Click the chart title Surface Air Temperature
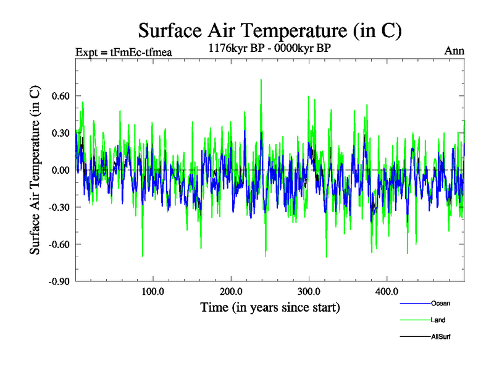(270, 30)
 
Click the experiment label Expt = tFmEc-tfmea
(123, 51)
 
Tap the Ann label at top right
(454, 51)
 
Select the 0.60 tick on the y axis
(59, 96)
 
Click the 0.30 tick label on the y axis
(59, 133)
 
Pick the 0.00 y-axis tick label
(59, 170)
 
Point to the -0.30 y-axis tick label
(57, 207)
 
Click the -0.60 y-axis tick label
(57, 244)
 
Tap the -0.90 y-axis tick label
(57, 281)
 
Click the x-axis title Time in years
(270, 307)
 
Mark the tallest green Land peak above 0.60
(261, 80)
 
